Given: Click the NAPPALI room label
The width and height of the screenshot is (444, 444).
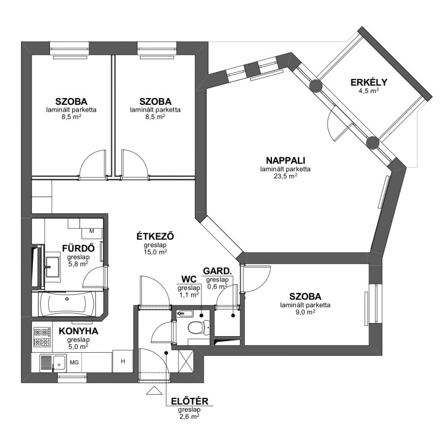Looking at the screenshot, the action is coord(286,160).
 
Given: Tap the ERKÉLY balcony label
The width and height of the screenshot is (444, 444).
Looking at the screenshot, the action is coord(369,83).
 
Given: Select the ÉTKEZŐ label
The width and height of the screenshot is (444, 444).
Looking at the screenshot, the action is coord(155,236).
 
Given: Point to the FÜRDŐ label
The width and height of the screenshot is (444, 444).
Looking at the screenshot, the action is coord(78,249).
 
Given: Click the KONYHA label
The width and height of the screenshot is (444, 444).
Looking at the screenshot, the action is coord(78,331).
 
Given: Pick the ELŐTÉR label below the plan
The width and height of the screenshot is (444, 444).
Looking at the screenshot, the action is coord(189,401).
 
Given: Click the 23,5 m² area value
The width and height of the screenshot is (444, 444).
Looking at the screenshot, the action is coord(286,176).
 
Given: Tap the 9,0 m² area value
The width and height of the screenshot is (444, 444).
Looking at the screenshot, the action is coord(305,312).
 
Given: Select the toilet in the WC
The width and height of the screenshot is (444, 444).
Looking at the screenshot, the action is coord(198,327).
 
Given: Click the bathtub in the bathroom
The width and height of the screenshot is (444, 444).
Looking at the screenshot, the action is coord(67,304).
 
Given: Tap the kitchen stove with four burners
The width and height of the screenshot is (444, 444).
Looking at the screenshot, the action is coord(42,337).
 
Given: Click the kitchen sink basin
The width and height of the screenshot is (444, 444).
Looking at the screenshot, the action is coord(59,363).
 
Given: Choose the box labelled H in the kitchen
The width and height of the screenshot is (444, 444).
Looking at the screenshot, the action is coord(123,361).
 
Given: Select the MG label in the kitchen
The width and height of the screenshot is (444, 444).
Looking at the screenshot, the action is coord(74,363).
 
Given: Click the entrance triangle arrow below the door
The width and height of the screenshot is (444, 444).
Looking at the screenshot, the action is coord(154,390).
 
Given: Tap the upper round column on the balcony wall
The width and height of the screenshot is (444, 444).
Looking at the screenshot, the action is coord(316,86).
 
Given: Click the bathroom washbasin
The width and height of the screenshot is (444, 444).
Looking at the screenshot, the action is coord(52,267).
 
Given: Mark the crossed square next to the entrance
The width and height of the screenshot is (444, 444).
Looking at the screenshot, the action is coord(186,361).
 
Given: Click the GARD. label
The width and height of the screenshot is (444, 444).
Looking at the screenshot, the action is coord(218,271).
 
